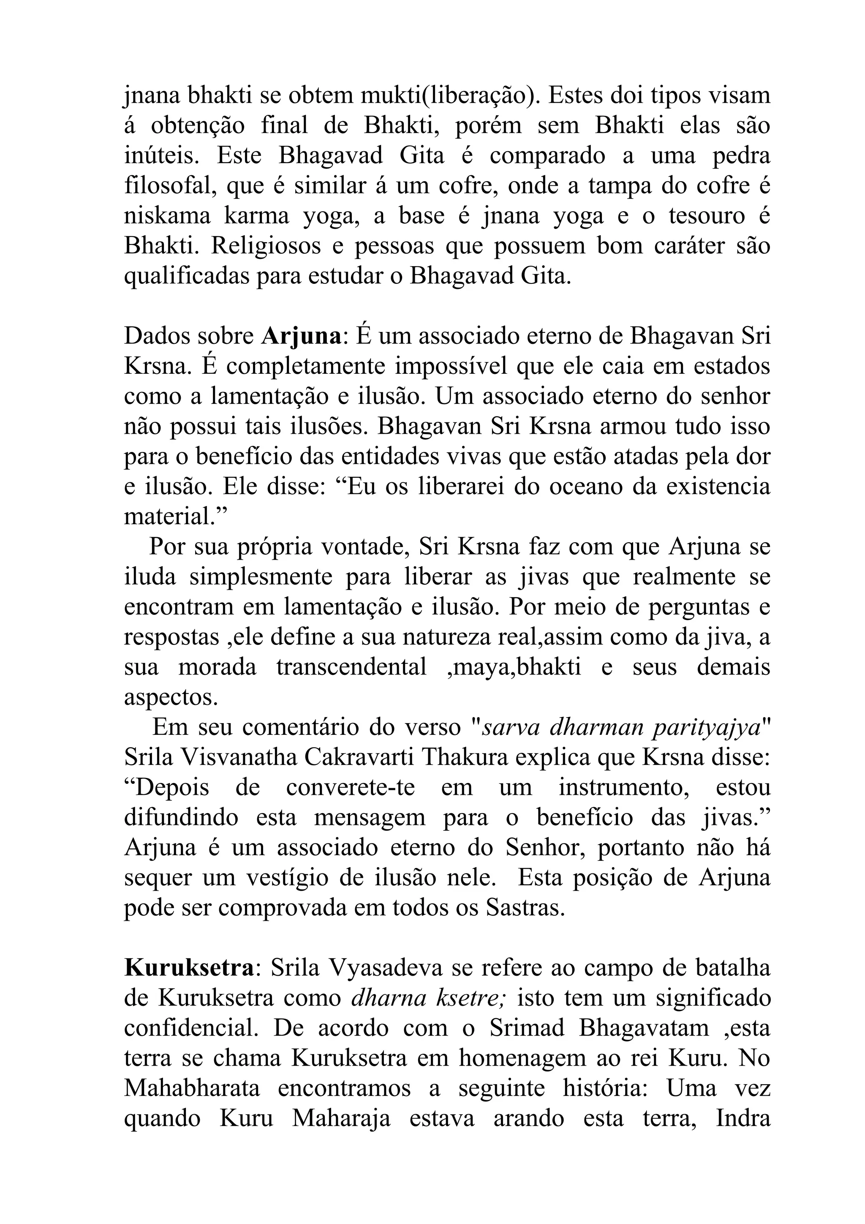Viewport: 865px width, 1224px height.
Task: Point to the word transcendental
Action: pos(352,667)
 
